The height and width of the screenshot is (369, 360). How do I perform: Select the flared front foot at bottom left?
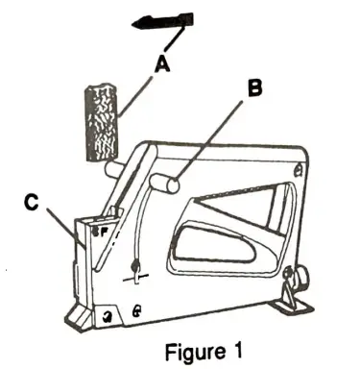click(86, 312)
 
